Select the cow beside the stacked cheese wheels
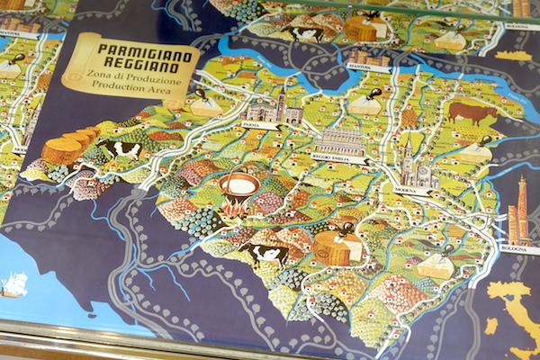(120, 148)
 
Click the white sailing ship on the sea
(14, 285)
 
